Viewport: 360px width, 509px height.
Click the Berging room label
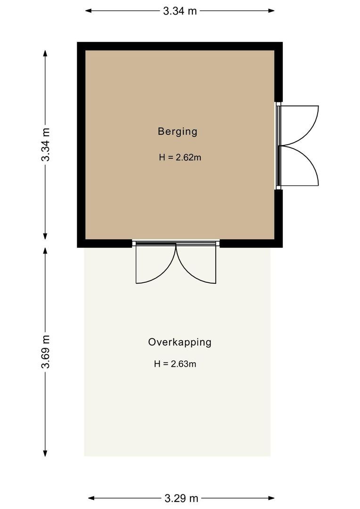(177, 131)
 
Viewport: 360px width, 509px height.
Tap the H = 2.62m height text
(180, 158)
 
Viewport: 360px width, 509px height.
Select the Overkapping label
(180, 342)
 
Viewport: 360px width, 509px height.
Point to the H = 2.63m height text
(175, 364)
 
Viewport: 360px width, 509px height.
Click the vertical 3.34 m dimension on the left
(46, 145)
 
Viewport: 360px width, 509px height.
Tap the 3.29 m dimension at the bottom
(181, 498)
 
